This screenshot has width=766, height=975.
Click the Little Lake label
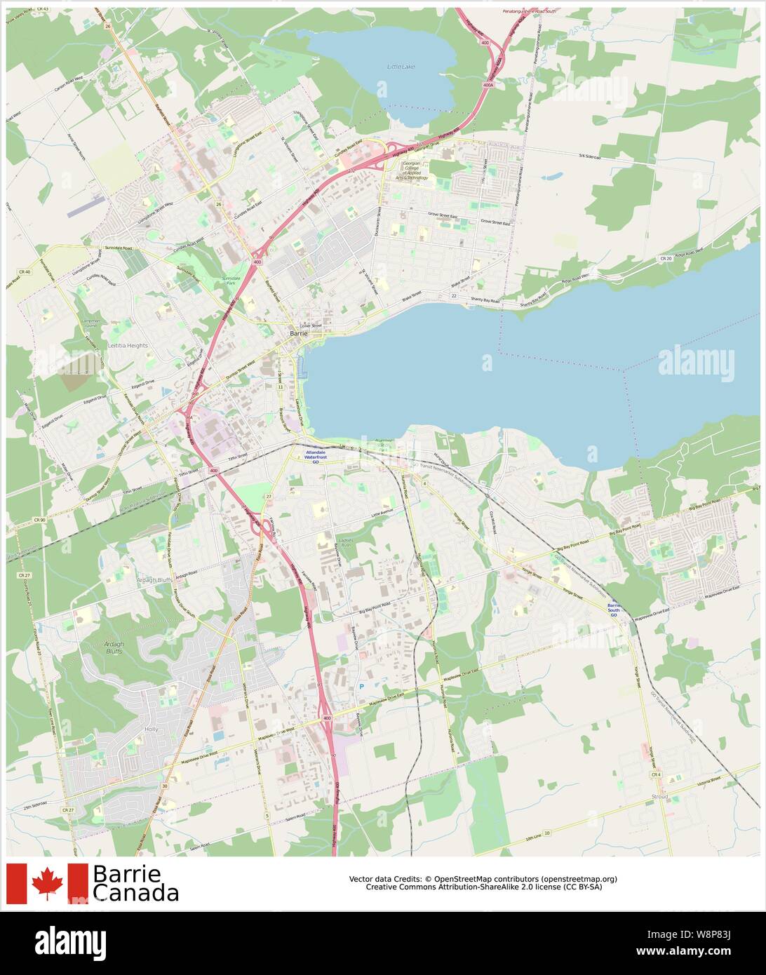(401, 66)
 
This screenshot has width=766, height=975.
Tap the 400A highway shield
(488, 85)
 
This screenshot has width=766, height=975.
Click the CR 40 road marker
(25, 271)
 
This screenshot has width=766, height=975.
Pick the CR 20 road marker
(666, 258)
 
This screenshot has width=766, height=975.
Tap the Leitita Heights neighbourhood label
(128, 346)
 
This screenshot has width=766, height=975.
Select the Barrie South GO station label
(613, 607)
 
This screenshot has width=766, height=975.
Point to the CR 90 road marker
(39, 520)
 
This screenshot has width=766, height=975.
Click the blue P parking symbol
(362, 686)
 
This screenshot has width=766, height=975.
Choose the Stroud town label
(659, 797)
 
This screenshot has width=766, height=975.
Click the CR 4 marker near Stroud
(656, 774)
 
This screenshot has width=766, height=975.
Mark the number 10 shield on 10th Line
(546, 833)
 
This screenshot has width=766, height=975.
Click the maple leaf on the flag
(47, 883)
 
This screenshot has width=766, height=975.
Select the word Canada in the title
(135, 893)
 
